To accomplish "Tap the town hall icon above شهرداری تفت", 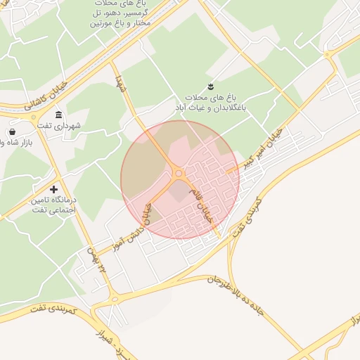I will pos(58,115).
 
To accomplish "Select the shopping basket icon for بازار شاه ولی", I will pos(12,131).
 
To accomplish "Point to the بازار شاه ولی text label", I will pos(15,143).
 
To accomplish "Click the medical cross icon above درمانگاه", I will pos(54,189).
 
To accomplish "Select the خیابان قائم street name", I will pos(207,210).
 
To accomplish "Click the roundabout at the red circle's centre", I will pos(179,173).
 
